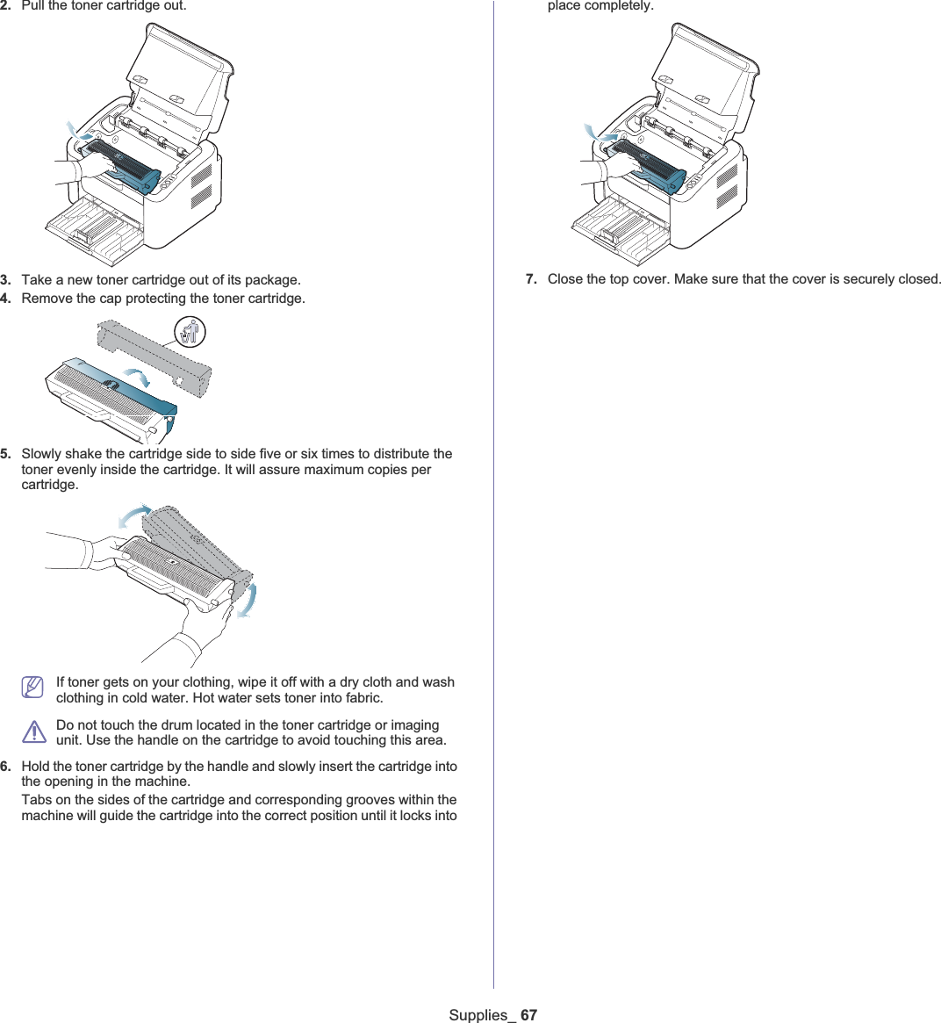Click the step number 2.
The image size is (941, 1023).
pos(5,6)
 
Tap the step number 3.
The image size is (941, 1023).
pos(5,280)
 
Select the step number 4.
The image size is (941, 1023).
pos(5,299)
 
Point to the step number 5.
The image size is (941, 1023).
pos(5,453)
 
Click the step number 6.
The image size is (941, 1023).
pos(5,766)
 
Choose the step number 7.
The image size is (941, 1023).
pos(531,278)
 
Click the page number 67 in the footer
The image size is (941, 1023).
pos(528,1014)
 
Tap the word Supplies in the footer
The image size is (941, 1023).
pos(478,1015)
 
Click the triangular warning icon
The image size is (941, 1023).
pos(34,731)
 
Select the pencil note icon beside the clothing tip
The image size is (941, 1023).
pos(32,687)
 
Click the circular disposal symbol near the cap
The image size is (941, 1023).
pos(190,331)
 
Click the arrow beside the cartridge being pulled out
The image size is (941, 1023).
pos(78,131)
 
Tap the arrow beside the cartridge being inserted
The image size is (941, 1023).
pos(599,133)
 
